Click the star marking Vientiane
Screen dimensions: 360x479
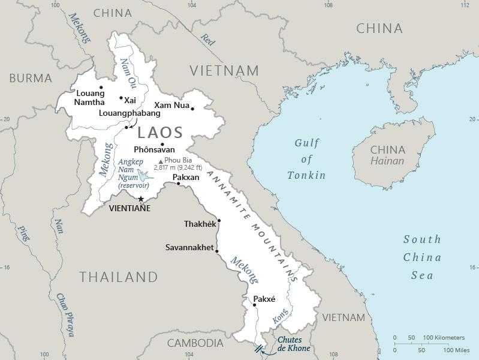pyautogui.click(x=141, y=199)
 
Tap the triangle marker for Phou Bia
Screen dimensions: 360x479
pyautogui.click(x=160, y=161)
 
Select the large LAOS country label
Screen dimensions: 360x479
pyautogui.click(x=161, y=133)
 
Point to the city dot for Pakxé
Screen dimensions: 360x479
pyautogui.click(x=254, y=305)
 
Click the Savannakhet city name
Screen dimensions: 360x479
pyautogui.click(x=189, y=247)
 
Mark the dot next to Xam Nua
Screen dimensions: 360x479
pyautogui.click(x=192, y=109)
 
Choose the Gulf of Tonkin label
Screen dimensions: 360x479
pyautogui.click(x=306, y=159)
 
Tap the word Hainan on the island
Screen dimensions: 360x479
pyautogui.click(x=387, y=161)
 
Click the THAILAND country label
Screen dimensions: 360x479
pyautogui.click(x=119, y=277)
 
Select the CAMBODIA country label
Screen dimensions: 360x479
pyautogui.click(x=195, y=343)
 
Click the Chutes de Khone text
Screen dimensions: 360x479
pyautogui.click(x=293, y=344)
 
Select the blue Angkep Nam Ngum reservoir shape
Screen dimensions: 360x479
pyautogui.click(x=144, y=175)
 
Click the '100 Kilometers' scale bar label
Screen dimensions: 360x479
pyautogui.click(x=443, y=338)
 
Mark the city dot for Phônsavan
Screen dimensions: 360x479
pyautogui.click(x=162, y=144)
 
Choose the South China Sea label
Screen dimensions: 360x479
pyautogui.click(x=421, y=257)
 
